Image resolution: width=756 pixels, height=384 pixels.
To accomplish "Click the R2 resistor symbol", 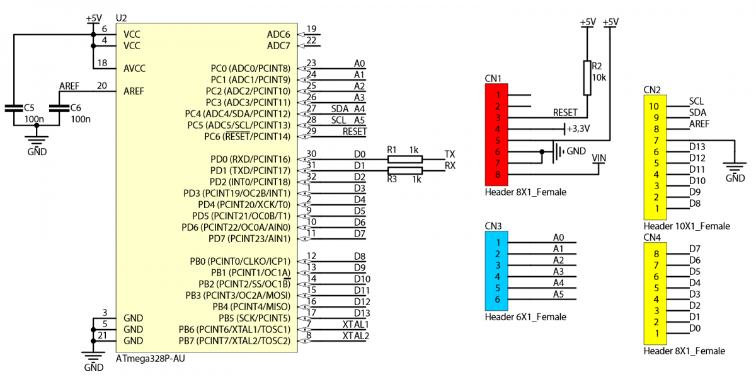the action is [x=587, y=78].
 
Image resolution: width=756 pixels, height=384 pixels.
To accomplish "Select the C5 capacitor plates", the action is [x=14, y=108].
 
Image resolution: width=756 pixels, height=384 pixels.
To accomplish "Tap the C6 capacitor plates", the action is [x=59, y=108].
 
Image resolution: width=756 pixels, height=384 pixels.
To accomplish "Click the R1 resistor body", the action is [x=404, y=160].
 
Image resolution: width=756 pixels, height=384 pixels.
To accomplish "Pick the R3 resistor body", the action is [x=404, y=170].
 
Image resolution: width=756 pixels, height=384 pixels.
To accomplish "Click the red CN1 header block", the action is [x=496, y=134].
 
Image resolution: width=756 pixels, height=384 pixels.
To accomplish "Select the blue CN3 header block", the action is [x=496, y=271].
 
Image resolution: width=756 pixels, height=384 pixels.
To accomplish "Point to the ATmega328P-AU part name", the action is [x=150, y=358].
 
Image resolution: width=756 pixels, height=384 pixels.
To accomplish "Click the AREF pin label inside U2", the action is [x=134, y=91].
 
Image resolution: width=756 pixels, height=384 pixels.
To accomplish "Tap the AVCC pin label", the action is [x=134, y=69].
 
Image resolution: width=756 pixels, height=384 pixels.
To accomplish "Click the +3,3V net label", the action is [x=578, y=129].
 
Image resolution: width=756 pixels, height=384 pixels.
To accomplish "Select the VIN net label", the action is [x=598, y=158].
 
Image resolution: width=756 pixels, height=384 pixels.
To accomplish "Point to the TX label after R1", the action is [x=450, y=154].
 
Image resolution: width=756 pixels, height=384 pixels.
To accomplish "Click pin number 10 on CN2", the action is [x=654, y=107].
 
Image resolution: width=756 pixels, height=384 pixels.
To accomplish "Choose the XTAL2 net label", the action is [x=356, y=336].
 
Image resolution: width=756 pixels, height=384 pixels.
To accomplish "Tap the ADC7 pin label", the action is [x=278, y=46].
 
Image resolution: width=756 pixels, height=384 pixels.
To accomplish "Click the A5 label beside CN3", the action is [x=559, y=294].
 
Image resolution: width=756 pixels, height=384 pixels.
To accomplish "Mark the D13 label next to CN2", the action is [x=697, y=147].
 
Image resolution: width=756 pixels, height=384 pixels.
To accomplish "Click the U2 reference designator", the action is [x=121, y=18].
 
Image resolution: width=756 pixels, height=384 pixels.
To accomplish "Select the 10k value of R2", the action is [x=599, y=78].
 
